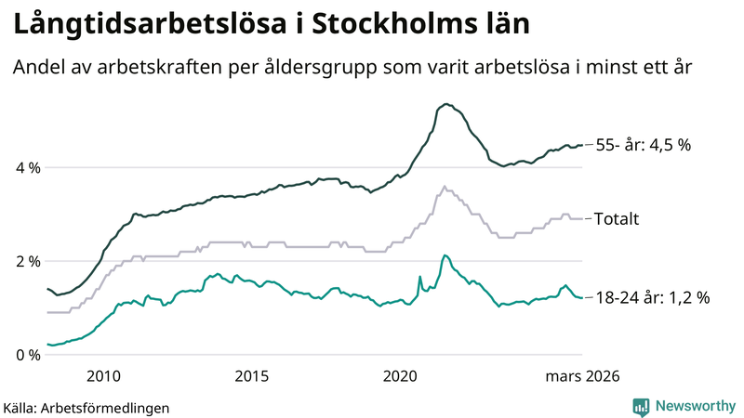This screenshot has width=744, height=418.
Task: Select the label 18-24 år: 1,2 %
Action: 652,298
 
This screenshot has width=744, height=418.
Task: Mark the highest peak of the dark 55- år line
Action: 446,104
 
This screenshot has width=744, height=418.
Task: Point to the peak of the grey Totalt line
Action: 445,186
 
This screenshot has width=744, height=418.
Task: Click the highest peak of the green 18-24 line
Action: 445,255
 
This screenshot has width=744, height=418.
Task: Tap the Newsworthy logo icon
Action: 641,406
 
